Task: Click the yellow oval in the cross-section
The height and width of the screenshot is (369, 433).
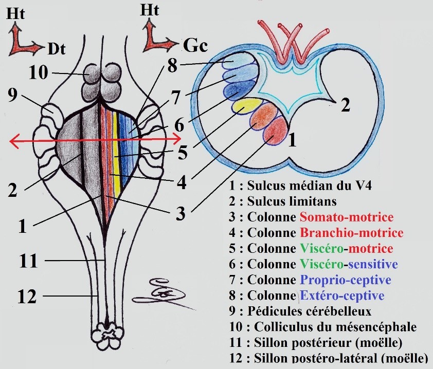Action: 245,105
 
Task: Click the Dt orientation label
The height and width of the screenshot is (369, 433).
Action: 57,49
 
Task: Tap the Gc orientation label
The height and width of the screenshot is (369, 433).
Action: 195,47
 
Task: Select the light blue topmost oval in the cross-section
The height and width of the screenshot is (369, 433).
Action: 236,66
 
